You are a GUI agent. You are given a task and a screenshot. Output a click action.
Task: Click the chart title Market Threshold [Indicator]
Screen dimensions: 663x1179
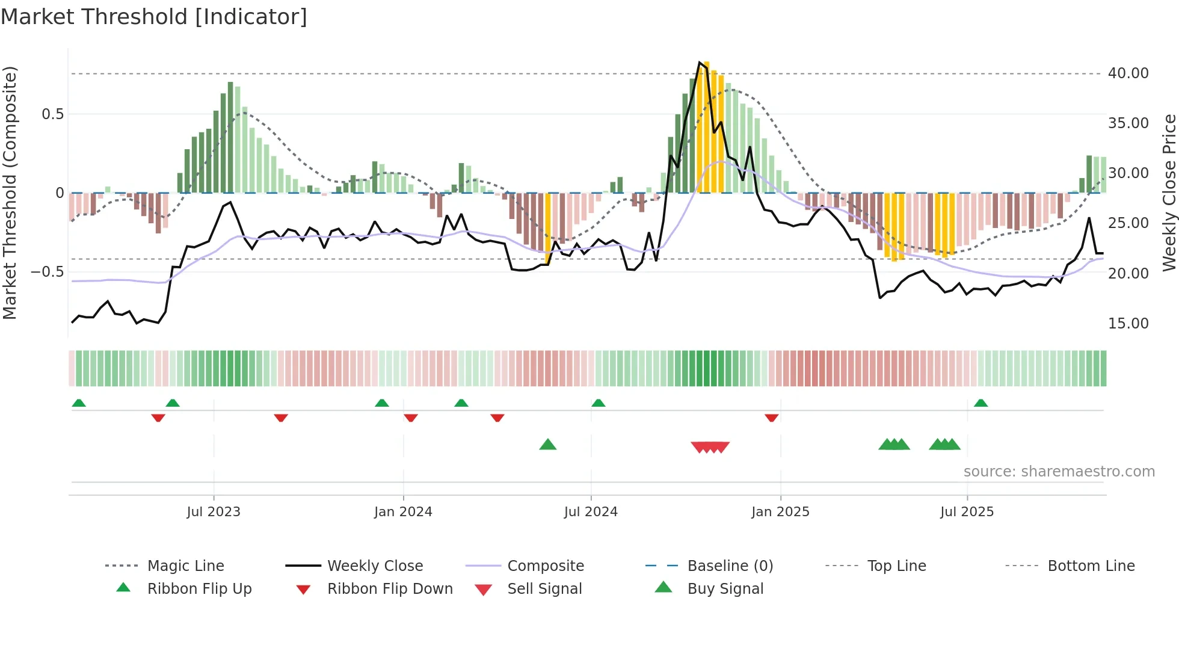(154, 17)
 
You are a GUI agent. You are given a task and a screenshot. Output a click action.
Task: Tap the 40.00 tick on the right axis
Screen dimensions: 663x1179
(1128, 73)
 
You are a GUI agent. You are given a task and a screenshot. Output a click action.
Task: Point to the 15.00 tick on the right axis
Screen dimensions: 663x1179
(1128, 324)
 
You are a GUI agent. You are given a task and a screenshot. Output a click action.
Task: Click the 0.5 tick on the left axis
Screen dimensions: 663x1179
(52, 114)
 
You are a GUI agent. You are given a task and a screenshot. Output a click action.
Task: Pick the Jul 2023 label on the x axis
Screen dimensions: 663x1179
(214, 512)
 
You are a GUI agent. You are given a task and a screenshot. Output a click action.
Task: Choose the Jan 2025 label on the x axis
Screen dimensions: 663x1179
(780, 512)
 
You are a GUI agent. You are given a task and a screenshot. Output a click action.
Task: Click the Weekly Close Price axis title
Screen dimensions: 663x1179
(1169, 193)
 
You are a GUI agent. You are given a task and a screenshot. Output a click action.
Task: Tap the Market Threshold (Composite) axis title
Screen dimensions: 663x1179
(10, 193)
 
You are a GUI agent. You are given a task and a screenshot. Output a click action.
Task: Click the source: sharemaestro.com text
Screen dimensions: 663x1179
(1059, 472)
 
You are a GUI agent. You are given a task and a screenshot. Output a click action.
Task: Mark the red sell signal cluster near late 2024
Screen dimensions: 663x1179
(710, 447)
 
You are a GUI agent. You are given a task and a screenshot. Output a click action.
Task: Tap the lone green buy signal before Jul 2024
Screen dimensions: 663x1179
(548, 445)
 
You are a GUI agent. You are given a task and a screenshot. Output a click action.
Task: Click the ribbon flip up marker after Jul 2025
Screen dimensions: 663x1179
(981, 403)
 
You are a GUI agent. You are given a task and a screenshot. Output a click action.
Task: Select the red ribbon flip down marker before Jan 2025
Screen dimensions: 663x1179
(772, 418)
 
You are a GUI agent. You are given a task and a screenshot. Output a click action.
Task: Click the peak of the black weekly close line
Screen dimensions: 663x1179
(699, 63)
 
